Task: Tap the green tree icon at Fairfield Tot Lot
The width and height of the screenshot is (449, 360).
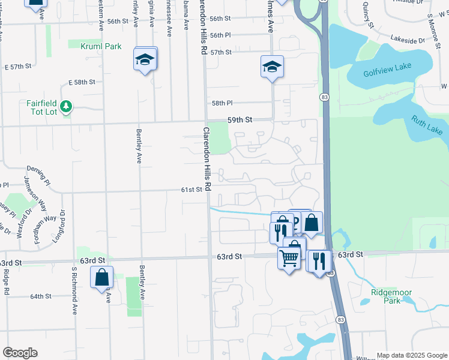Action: tap(67, 107)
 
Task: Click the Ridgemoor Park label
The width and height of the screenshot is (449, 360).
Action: tap(384, 296)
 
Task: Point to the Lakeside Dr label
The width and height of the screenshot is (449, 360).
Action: tap(408, 41)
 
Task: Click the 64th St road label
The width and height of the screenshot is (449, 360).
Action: tap(41, 296)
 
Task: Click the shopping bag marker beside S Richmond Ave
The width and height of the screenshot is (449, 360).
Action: tap(101, 277)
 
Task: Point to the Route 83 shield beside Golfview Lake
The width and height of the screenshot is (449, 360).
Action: tap(324, 97)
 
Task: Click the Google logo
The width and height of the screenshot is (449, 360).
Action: tap(20, 353)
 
